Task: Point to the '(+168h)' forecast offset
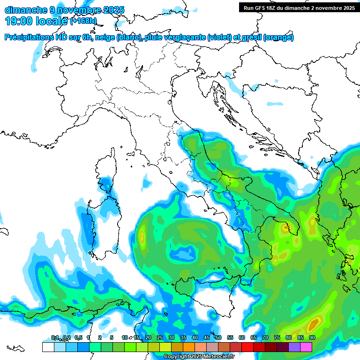coord(83,21)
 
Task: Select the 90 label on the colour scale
coord(312,337)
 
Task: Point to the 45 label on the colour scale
coord(207,337)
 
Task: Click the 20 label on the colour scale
coord(148,337)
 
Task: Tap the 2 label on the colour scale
coord(100,337)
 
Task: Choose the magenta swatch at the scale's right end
coord(306,347)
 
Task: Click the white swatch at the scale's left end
coord(48,347)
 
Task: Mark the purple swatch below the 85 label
coord(294,347)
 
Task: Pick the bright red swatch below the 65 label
coord(247,347)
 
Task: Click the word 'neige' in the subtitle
coord(105,37)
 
